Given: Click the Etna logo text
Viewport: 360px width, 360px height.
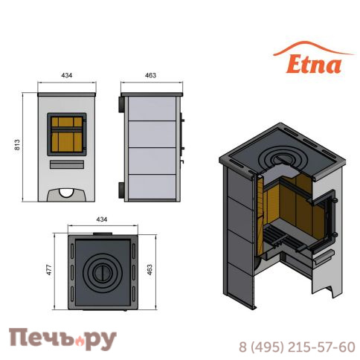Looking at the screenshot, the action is coord(314,65).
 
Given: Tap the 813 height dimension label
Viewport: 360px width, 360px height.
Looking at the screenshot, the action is coord(17,145).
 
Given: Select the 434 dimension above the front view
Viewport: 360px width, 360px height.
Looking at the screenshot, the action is coord(67,75).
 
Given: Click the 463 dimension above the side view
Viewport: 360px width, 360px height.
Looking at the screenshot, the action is coord(150,75).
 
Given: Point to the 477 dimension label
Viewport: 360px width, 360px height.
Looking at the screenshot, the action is coord(49,270).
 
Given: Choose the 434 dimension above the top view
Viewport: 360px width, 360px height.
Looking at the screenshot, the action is coord(102,219).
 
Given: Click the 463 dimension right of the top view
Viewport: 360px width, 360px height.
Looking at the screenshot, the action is coord(150,270).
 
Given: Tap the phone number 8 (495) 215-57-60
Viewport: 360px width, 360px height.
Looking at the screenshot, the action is coord(297,347).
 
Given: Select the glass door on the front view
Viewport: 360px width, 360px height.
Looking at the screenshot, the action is coord(67,135).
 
